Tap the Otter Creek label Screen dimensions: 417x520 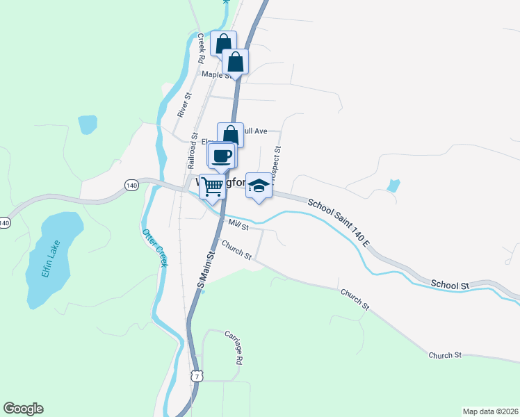tap(156, 247)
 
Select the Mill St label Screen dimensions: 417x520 tap(239, 224)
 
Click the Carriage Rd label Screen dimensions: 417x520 tap(233, 347)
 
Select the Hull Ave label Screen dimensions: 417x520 tap(254, 130)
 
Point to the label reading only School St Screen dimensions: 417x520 tap(450, 284)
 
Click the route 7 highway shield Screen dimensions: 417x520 tap(197, 376)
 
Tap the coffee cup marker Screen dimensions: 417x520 tap(222, 156)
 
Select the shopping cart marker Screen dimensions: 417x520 tap(213, 185)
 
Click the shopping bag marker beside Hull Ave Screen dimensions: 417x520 tap(230, 134)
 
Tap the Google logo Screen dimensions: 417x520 tap(23, 409)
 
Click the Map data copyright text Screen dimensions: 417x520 tap(490, 411)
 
